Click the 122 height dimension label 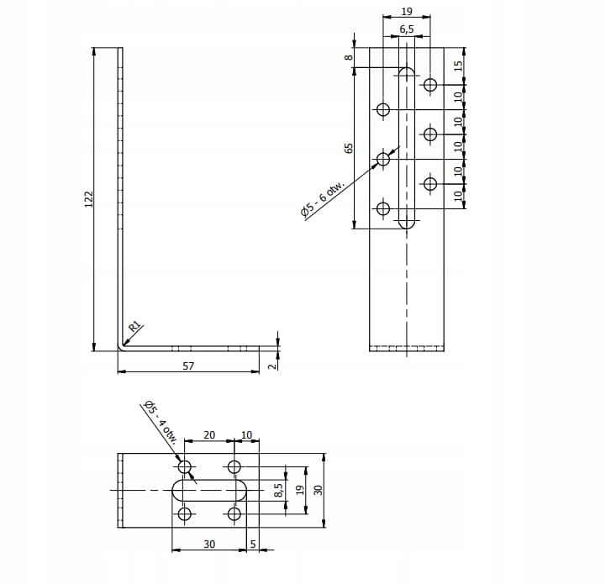click(x=89, y=198)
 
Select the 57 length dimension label click(x=188, y=366)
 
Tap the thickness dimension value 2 click(x=271, y=364)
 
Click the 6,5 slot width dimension click(x=407, y=29)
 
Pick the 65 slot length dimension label click(x=348, y=148)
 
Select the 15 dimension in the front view click(x=459, y=65)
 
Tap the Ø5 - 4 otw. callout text click(x=159, y=421)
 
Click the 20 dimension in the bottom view click(x=209, y=435)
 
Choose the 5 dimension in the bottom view click(x=252, y=545)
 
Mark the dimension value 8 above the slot click(x=347, y=57)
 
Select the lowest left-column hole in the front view click(x=383, y=208)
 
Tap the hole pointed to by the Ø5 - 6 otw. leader click(x=383, y=159)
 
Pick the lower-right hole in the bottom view click(x=234, y=513)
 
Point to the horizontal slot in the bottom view click(x=209, y=490)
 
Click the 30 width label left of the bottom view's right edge click(x=318, y=490)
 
